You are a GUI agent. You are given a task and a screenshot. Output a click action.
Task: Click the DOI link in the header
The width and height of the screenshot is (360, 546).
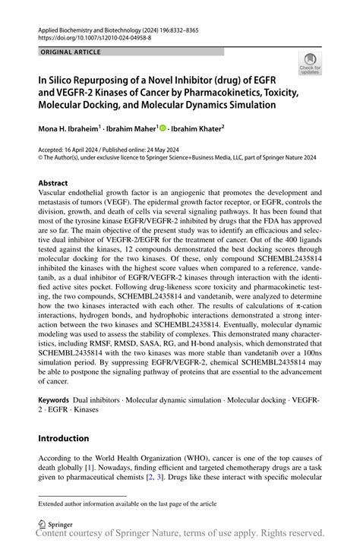[90, 36]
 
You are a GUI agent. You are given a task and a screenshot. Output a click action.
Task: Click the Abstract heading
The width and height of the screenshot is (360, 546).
[53, 184]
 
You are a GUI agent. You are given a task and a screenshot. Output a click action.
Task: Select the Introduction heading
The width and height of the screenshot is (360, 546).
[68, 439]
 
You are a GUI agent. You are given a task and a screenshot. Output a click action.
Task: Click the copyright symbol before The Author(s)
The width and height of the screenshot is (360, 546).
[41, 157]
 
